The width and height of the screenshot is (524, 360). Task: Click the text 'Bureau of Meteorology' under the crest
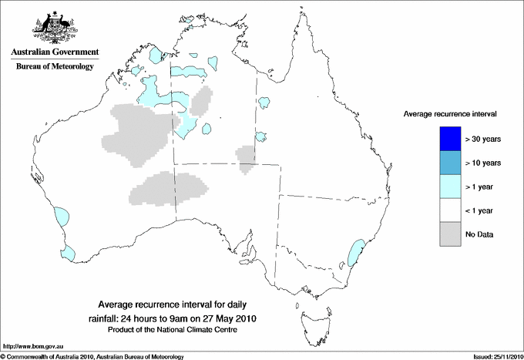tap(54, 66)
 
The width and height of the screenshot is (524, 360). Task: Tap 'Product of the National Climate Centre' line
tap(171, 329)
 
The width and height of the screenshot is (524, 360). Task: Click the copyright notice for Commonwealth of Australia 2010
tap(92, 356)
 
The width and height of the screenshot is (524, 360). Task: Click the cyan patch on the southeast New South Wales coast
tap(356, 253)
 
